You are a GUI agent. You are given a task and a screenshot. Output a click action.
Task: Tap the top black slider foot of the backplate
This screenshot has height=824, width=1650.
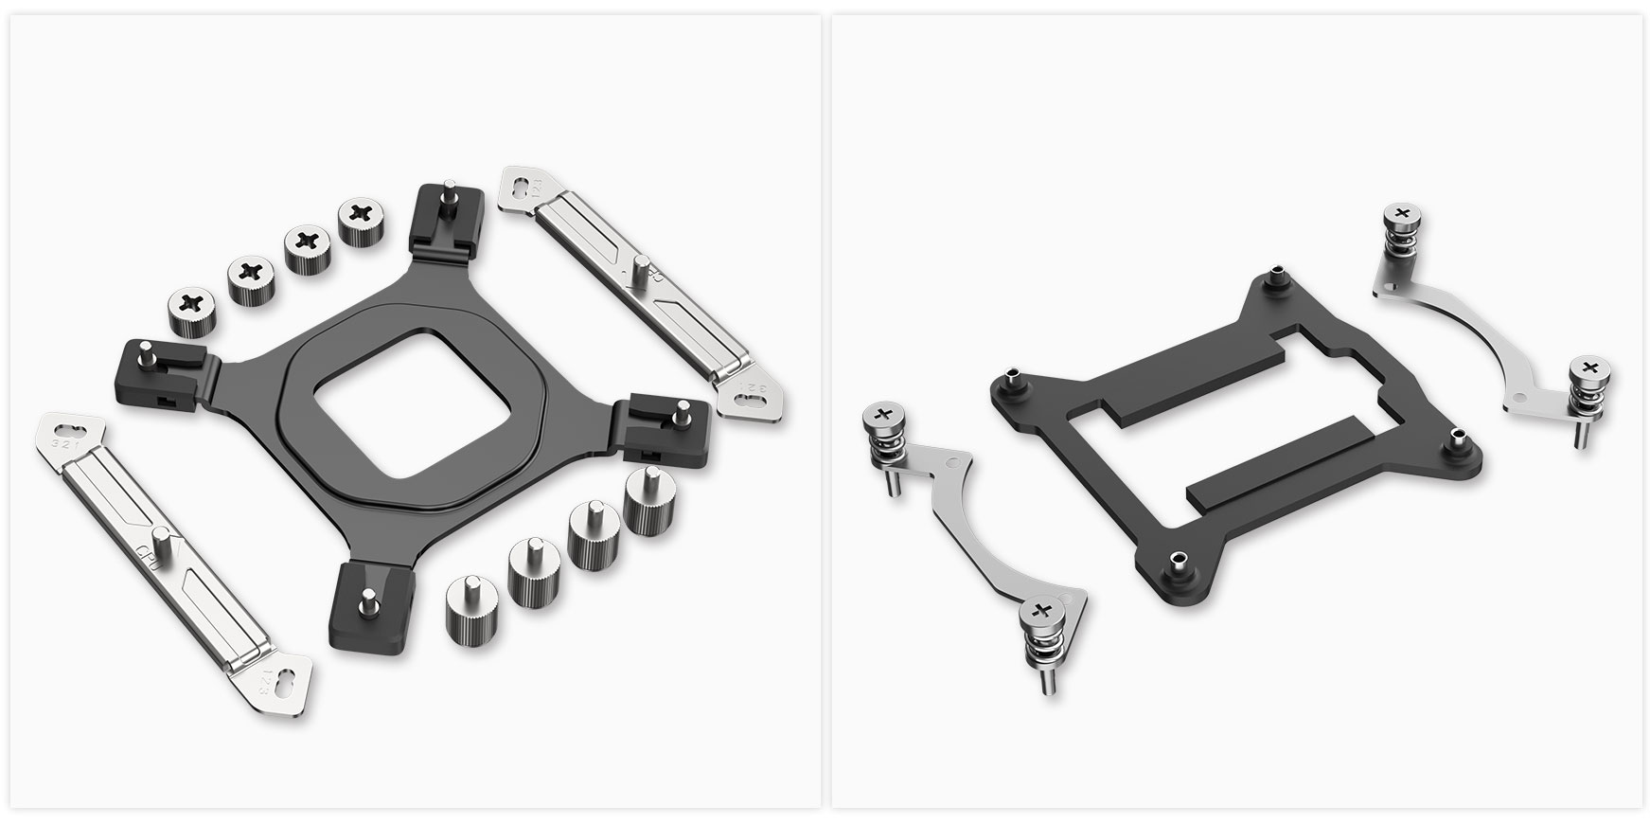[450, 223]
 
